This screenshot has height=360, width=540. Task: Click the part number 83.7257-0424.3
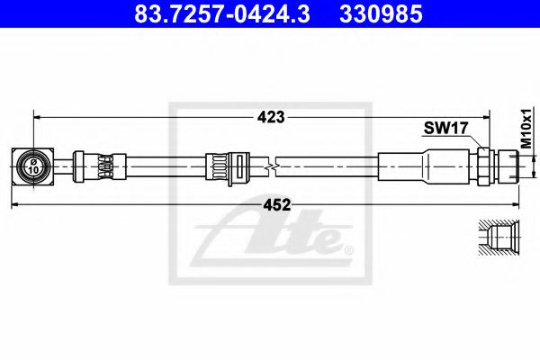pyautogui.click(x=209, y=14)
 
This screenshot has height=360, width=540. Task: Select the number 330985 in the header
pyautogui.click(x=379, y=14)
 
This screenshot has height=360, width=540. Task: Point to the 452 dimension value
pyautogui.click(x=277, y=205)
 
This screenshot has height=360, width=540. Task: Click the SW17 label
pyautogui.click(x=445, y=129)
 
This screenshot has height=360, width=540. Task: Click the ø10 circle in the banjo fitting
pyautogui.click(x=33, y=166)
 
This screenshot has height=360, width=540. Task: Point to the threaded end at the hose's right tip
pyautogui.click(x=511, y=166)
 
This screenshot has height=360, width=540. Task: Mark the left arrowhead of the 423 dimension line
pyautogui.click(x=38, y=117)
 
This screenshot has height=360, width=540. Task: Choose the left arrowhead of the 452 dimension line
pyautogui.click(x=15, y=205)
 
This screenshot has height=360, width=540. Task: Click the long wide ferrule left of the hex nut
pyautogui.click(x=423, y=166)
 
